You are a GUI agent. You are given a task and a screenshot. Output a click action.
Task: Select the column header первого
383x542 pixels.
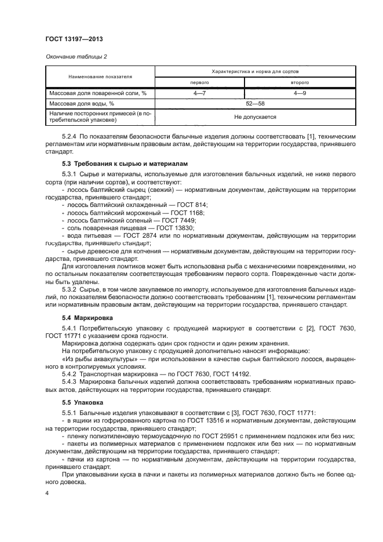coord(199,82)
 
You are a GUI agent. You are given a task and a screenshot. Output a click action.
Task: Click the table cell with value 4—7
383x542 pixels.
coord(199,93)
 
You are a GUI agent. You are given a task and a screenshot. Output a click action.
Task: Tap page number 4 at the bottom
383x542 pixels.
coord(47,493)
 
